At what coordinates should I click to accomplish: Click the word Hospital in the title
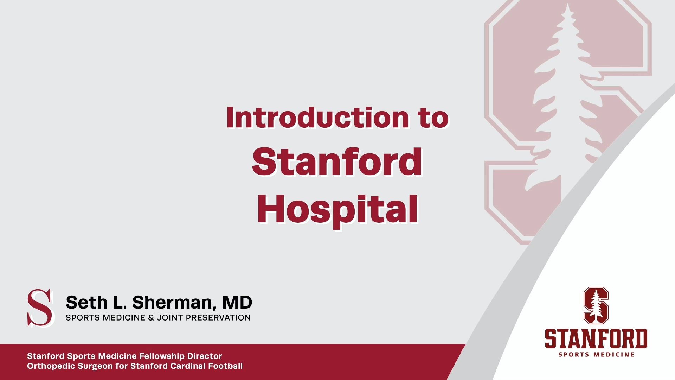337,210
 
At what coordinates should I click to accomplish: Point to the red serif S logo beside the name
40,308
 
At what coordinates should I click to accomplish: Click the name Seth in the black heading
86,303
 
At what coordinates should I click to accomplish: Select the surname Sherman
172,303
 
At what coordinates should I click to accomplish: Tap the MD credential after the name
237,303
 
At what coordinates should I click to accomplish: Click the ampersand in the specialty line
151,318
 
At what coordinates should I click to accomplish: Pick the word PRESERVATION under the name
218,318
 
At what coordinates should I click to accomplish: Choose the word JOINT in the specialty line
170,318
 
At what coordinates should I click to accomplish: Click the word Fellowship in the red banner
162,356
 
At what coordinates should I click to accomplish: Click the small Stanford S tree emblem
596,305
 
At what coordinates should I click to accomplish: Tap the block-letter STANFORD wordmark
596,338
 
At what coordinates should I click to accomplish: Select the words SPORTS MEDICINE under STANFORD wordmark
596,355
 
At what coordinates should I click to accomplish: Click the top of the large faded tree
567,9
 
